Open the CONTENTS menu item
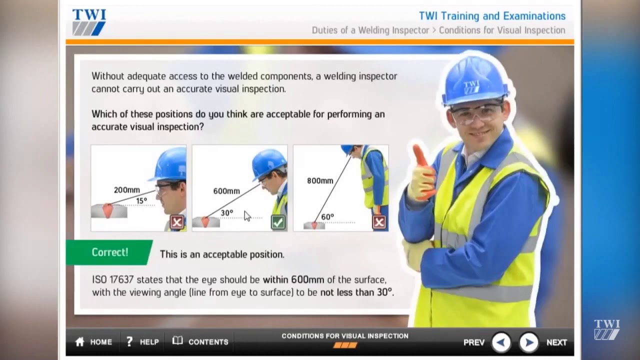click(200, 342)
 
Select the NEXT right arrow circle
click(528, 342)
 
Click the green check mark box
click(278, 222)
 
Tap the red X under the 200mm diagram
click(176, 222)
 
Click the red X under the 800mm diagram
click(379, 222)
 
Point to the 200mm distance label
click(126, 190)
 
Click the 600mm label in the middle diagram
click(226, 191)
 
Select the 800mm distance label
click(320, 180)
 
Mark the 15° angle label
click(141, 201)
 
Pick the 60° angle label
click(327, 217)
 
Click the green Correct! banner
click(109, 252)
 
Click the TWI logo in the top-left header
click(89, 22)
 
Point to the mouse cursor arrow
click(247, 215)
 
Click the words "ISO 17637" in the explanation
click(112, 279)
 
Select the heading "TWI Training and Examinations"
click(492, 16)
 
